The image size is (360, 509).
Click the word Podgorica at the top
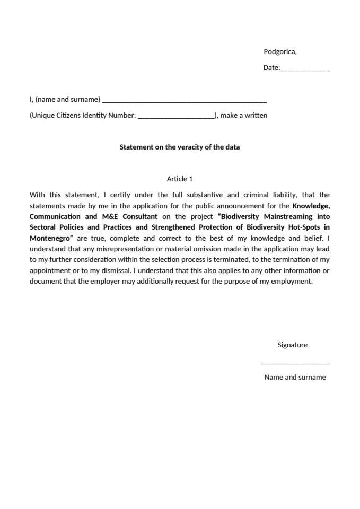[x=279, y=52]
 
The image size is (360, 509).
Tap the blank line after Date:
[x=305, y=69]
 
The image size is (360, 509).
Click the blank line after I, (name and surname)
[x=184, y=101]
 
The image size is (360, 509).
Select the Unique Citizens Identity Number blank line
[x=175, y=117]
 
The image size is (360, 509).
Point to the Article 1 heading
[x=180, y=179]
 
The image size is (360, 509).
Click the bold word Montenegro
[x=50, y=238]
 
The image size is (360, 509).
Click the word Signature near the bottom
[x=292, y=345]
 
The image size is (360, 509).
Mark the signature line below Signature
[x=295, y=363]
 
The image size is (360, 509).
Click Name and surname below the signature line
[x=295, y=378]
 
